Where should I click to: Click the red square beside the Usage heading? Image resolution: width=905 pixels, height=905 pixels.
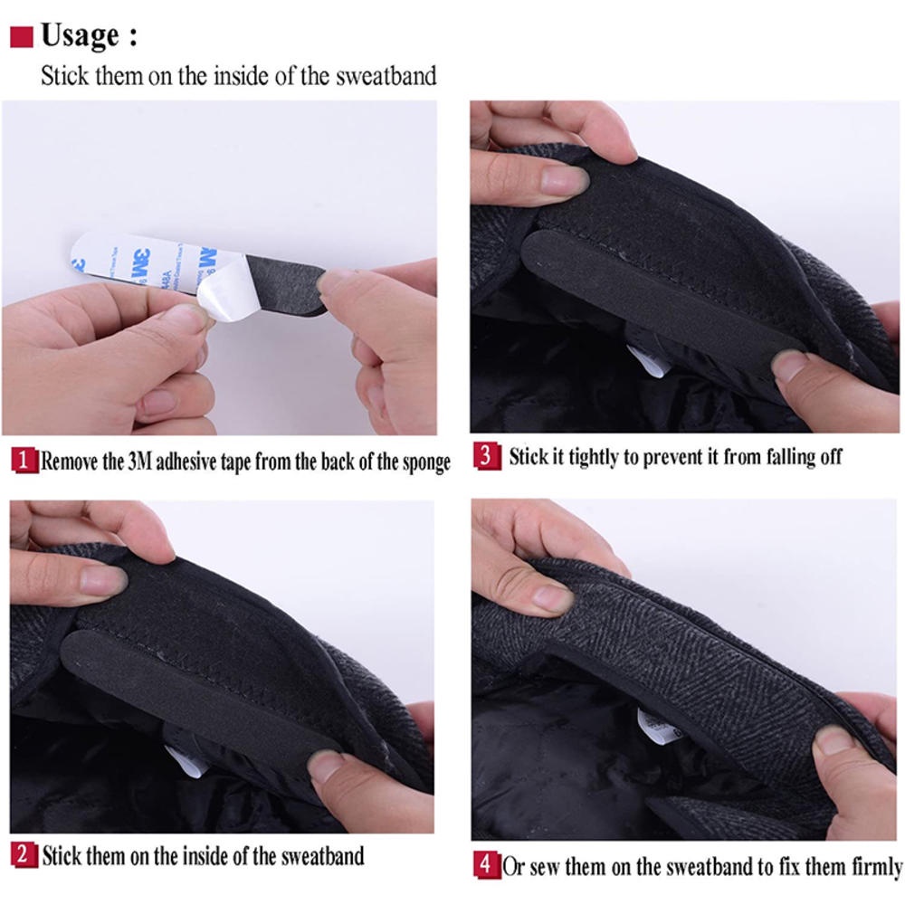tap(22, 37)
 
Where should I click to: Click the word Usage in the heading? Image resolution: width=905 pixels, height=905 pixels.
tap(81, 36)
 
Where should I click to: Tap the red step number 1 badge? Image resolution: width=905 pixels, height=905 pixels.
tap(24, 461)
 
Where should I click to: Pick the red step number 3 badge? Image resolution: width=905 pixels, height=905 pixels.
tap(487, 456)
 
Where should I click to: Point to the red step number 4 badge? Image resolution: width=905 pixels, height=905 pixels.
tap(487, 864)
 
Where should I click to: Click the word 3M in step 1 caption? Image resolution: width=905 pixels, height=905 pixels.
tap(139, 462)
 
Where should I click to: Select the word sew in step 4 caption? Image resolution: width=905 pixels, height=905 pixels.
tap(544, 866)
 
